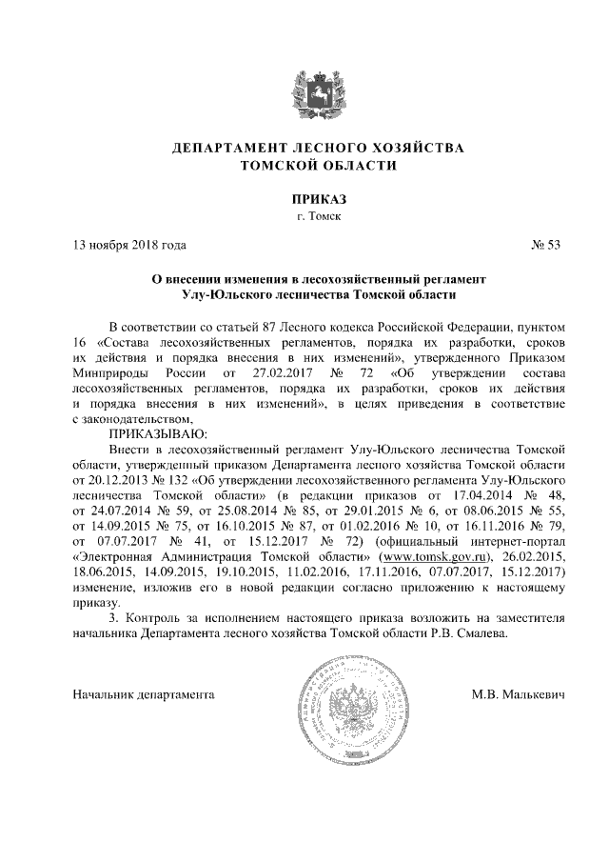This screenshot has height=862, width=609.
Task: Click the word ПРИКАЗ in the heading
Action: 320,200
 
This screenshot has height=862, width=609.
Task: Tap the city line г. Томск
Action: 320,217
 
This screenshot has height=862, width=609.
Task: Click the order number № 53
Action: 546,246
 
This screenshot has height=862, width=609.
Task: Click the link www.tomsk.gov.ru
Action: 429,555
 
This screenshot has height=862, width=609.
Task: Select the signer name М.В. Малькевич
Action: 518,694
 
